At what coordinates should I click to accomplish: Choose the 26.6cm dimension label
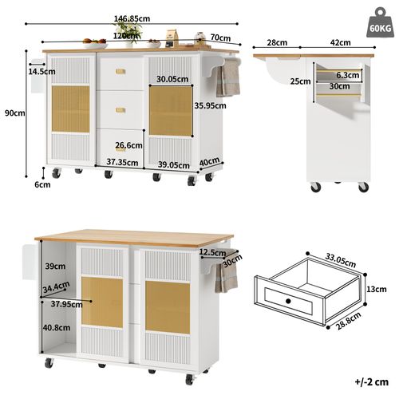click(x=128, y=145)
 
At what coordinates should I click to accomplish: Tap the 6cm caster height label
click(x=42, y=185)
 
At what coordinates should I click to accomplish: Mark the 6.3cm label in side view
click(x=348, y=76)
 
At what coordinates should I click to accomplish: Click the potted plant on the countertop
click(x=128, y=30)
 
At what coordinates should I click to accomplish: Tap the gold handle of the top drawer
click(x=120, y=72)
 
